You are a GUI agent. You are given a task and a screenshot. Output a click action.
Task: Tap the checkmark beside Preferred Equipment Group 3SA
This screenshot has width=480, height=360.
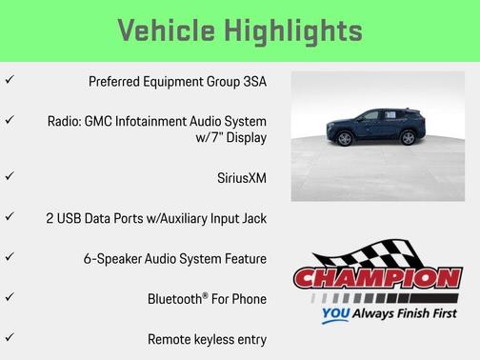(10, 80)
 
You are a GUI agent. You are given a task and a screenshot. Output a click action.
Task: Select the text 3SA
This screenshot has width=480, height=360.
(253, 81)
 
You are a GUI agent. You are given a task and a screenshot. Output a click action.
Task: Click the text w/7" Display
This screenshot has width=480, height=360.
(230, 138)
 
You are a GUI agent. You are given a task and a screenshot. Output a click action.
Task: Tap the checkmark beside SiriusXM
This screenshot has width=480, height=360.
(10, 176)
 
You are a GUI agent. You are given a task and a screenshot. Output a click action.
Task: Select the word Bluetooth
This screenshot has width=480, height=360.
(174, 299)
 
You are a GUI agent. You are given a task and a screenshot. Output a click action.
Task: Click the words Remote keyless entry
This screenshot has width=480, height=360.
(207, 339)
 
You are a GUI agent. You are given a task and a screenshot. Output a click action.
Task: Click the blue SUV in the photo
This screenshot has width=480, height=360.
(375, 126)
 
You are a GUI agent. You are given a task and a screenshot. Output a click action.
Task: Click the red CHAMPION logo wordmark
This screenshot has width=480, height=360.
(377, 278)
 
